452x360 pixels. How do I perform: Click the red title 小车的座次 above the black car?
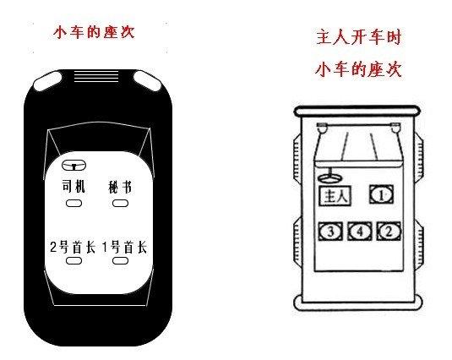pyautogui.click(x=94, y=32)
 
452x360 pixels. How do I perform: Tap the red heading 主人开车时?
pyautogui.click(x=358, y=37)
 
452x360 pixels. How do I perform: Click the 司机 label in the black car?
pyautogui.click(x=74, y=186)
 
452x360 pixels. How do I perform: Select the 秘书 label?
pyautogui.click(x=120, y=187)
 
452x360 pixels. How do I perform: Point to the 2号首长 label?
pyautogui.click(x=73, y=247)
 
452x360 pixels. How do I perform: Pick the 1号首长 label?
pyautogui.click(x=124, y=247)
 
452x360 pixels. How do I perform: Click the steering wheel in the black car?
pyautogui.click(x=74, y=165)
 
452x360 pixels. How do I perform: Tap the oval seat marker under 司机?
pyautogui.click(x=74, y=203)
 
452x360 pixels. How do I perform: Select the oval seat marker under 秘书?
pyautogui.click(x=120, y=203)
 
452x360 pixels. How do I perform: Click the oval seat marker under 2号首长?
pyautogui.click(x=74, y=260)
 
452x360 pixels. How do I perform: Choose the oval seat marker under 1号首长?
pyautogui.click(x=120, y=260)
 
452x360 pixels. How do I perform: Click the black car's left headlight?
pyautogui.click(x=47, y=81)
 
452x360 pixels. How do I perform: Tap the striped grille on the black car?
pyautogui.click(x=96, y=76)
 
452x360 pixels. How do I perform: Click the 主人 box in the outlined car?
pyautogui.click(x=335, y=196)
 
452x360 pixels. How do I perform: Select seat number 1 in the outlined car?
pyautogui.click(x=381, y=194)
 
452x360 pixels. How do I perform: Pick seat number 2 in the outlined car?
pyautogui.click(x=389, y=232)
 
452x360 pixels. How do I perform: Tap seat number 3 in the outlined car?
pyautogui.click(x=330, y=232)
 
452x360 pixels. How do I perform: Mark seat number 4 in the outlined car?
pyautogui.click(x=359, y=232)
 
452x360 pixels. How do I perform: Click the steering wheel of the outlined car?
pyautogui.click(x=330, y=177)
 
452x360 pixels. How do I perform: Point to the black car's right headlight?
pyautogui.click(x=147, y=81)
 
